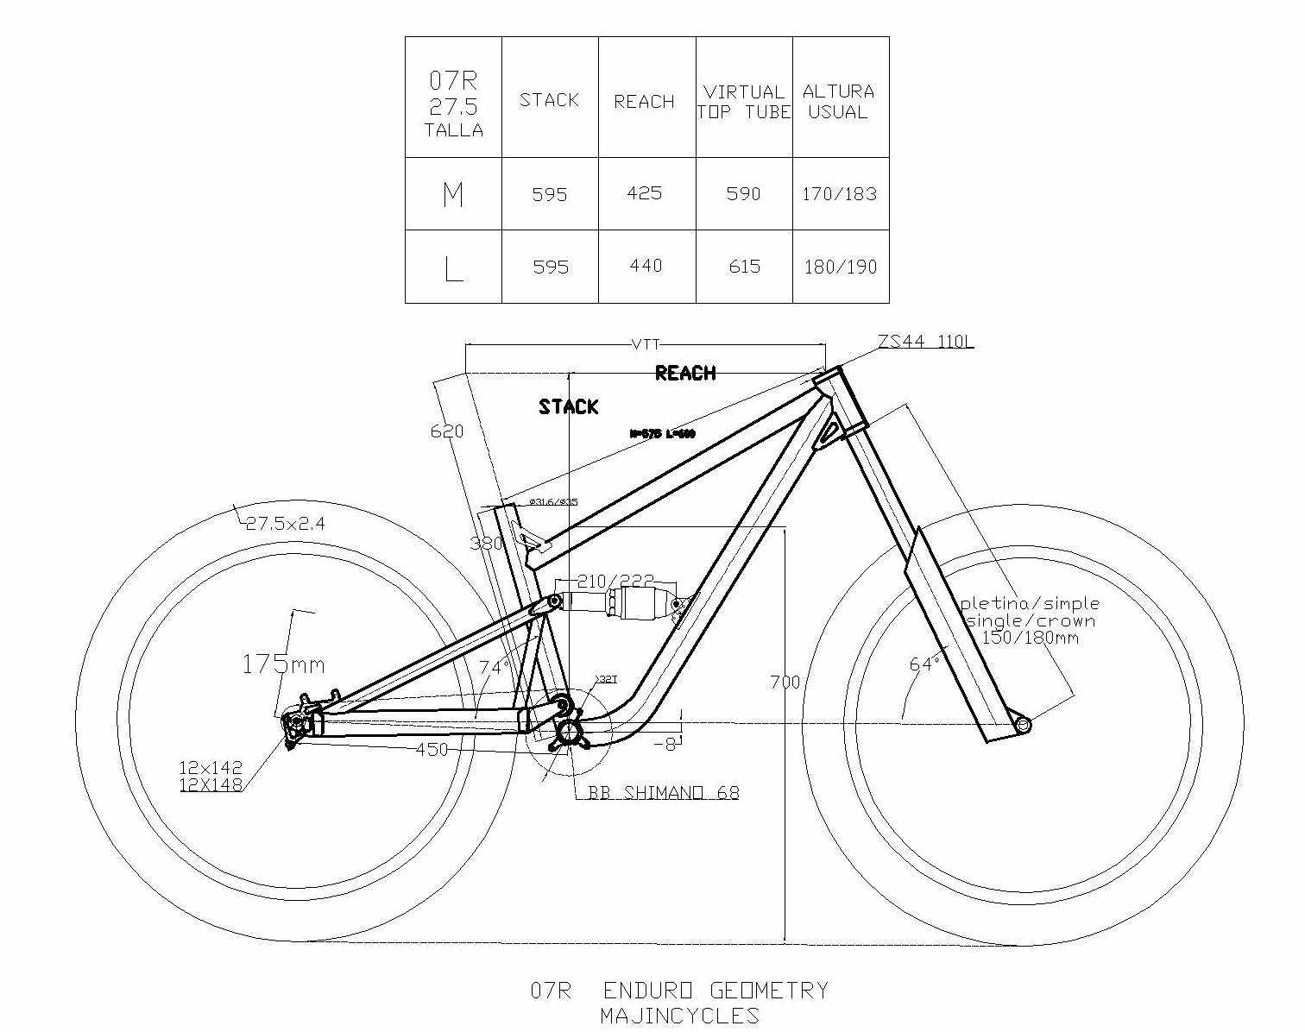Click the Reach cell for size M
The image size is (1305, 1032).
(x=645, y=193)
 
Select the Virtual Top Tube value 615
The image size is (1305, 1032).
(x=744, y=266)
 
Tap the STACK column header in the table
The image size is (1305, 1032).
(x=549, y=100)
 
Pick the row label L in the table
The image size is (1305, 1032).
(x=453, y=268)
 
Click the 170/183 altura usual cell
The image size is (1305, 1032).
(x=839, y=193)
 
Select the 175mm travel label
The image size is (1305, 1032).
(x=282, y=664)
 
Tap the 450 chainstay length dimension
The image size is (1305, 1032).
(x=432, y=750)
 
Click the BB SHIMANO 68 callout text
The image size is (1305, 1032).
(x=663, y=793)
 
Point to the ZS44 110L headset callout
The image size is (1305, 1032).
(x=925, y=343)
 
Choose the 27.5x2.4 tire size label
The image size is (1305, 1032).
(x=286, y=523)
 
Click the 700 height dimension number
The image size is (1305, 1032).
(x=785, y=683)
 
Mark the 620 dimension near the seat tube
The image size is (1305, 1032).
(x=447, y=431)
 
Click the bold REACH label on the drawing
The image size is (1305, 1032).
(x=685, y=374)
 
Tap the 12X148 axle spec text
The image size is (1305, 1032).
(x=211, y=784)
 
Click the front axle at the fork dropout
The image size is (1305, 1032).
(x=1023, y=725)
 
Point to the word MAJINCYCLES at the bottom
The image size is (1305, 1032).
(x=679, y=1016)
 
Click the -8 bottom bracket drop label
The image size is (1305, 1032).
(x=664, y=743)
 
